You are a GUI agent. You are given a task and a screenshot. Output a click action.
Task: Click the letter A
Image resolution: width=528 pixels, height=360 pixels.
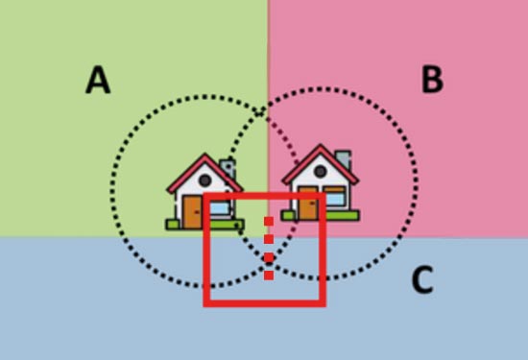[98, 80]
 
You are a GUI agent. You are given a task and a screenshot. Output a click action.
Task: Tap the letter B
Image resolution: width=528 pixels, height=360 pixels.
[432, 79]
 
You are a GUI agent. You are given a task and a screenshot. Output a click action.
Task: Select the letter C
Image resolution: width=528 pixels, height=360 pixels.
[422, 280]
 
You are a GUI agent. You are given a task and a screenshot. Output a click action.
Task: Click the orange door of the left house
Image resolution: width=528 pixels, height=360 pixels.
[192, 211]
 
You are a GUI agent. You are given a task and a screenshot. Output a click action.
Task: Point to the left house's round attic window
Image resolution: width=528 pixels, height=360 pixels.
[205, 180]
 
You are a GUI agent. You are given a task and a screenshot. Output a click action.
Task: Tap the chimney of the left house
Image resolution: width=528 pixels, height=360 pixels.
[228, 168]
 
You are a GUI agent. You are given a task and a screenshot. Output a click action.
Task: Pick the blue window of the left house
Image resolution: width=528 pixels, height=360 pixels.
[220, 207]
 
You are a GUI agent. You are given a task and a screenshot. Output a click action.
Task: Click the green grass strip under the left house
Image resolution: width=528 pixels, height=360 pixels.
[204, 225]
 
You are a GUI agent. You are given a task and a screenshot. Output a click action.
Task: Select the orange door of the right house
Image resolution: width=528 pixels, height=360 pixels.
[308, 203]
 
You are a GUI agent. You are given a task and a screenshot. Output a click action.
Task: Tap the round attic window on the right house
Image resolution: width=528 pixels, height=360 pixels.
[321, 172]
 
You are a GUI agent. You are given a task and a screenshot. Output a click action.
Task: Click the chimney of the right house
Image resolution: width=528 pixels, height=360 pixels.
[343, 159]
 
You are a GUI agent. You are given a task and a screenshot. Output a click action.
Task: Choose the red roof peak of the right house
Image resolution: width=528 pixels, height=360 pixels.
[321, 146]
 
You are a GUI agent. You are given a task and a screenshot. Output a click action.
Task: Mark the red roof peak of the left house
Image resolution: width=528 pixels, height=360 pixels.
[204, 156]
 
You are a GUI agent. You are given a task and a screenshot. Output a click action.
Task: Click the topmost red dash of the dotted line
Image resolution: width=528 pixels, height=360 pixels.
[269, 221]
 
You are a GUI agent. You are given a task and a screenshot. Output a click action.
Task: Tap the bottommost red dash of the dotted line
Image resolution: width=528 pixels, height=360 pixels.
[269, 276]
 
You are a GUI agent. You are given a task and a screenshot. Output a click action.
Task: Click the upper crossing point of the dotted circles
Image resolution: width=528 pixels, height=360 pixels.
[259, 111]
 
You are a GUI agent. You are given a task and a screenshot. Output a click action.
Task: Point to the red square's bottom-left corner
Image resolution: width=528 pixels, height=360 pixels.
[206, 303]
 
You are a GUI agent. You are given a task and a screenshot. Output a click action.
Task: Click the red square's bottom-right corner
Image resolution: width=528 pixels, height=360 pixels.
[323, 303]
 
